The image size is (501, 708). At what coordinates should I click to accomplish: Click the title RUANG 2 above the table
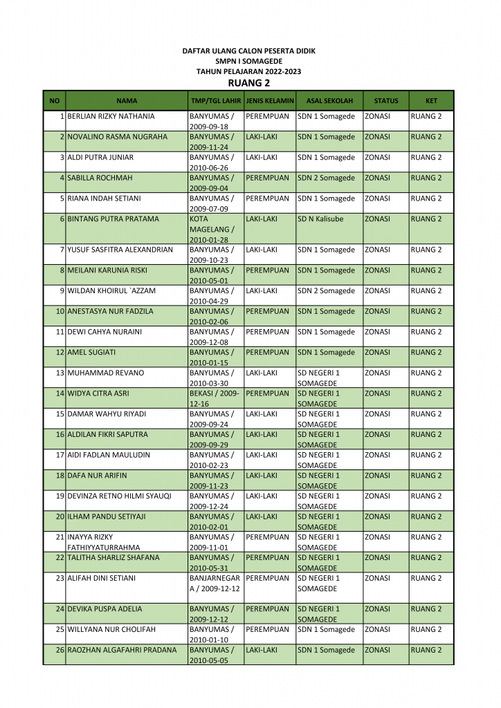248,83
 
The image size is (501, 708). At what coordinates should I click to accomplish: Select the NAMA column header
127,101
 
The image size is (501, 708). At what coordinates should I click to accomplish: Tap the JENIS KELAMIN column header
270,101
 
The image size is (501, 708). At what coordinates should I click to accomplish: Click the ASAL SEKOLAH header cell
329,101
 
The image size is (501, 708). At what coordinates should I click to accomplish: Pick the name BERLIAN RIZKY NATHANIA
111,116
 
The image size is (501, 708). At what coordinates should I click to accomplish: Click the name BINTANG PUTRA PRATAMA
113,219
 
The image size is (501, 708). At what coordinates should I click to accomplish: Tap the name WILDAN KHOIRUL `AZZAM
111,291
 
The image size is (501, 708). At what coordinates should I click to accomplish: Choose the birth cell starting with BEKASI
215,398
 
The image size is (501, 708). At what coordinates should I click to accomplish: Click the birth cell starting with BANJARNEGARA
215,583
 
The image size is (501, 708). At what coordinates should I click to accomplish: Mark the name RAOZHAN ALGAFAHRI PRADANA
122,650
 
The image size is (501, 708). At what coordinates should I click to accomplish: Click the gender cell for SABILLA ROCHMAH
267,178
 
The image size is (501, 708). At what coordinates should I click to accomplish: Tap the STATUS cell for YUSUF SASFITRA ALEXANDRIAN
377,250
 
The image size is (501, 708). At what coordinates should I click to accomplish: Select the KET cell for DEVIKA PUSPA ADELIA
426,609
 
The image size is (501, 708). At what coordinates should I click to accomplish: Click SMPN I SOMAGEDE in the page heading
248,62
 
